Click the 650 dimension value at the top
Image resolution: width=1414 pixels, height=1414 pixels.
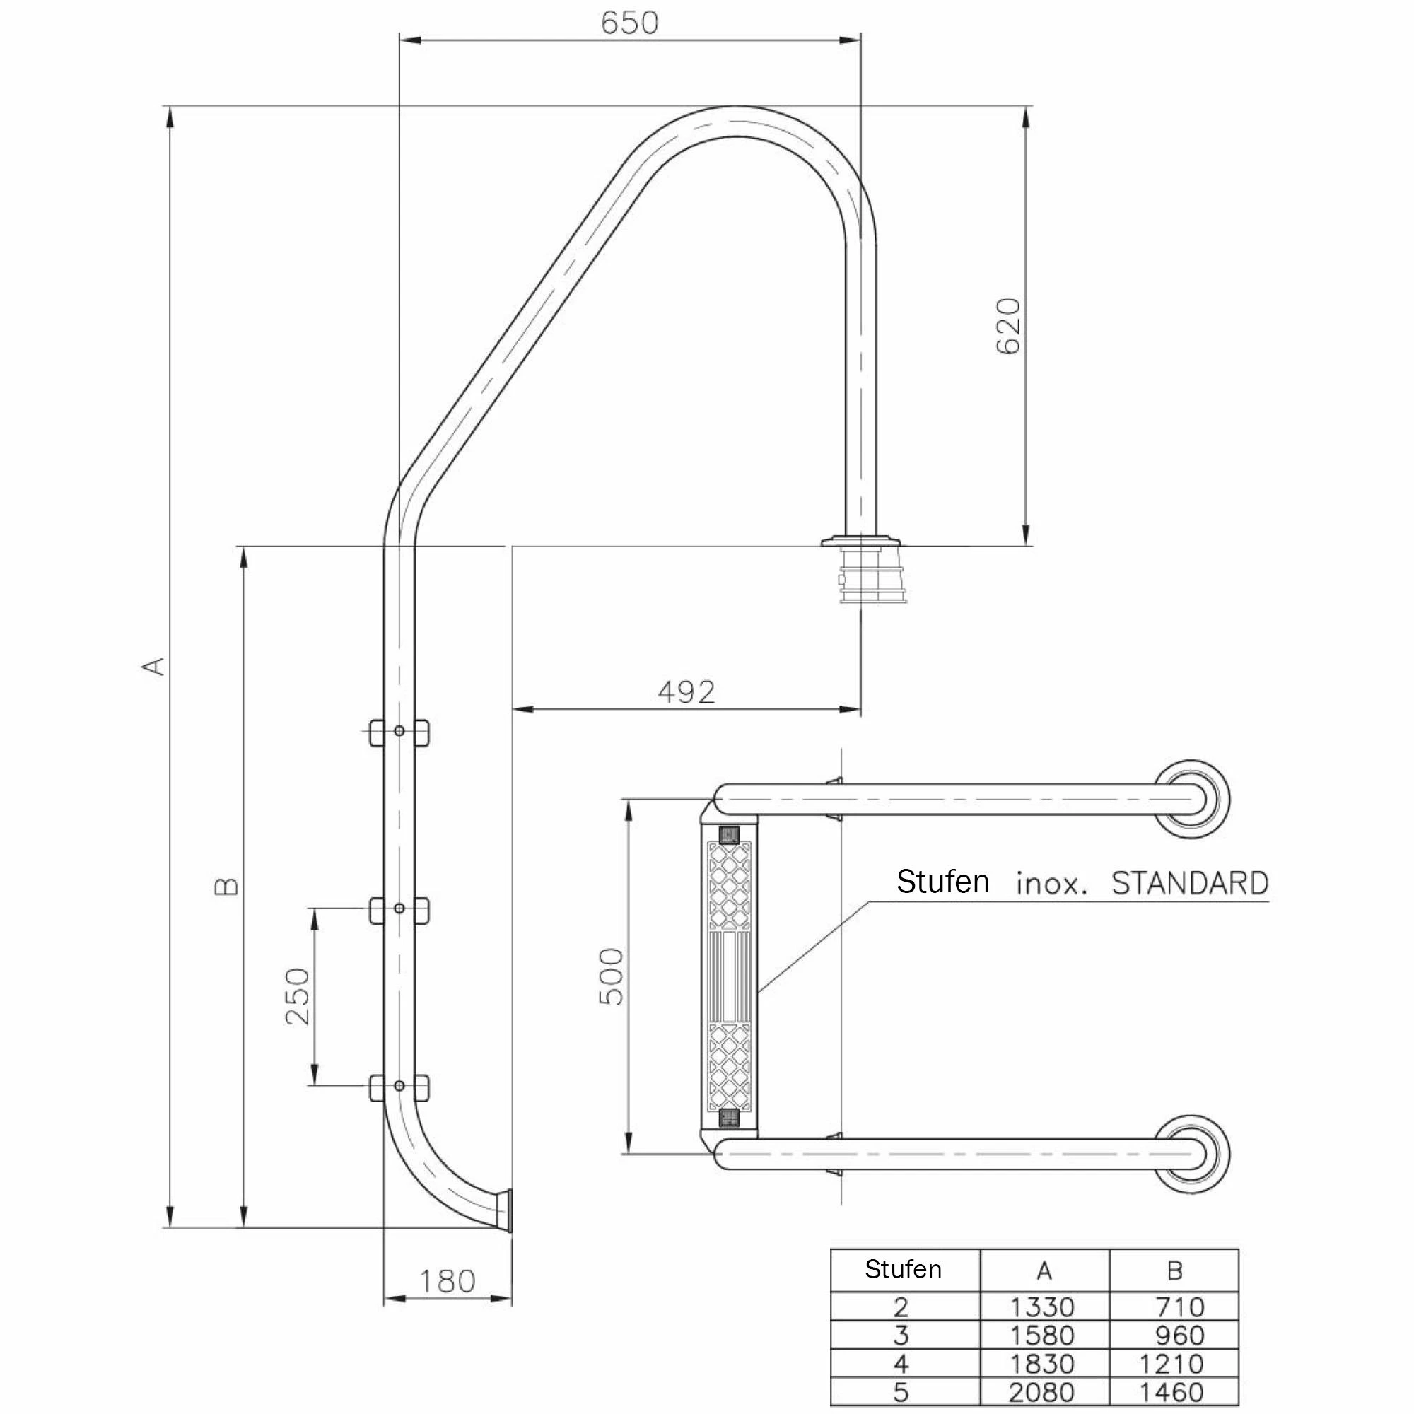629,23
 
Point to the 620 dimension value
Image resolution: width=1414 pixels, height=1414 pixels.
1009,326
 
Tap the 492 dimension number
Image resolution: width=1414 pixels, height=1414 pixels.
686,691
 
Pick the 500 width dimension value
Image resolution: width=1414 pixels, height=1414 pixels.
611,976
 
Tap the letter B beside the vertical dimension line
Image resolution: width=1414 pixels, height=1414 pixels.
227,887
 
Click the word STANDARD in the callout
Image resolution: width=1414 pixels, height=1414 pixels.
1189,883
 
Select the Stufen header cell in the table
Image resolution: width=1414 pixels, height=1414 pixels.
903,1269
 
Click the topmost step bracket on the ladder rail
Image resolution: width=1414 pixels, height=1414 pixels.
399,732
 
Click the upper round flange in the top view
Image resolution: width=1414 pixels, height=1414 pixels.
1191,798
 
